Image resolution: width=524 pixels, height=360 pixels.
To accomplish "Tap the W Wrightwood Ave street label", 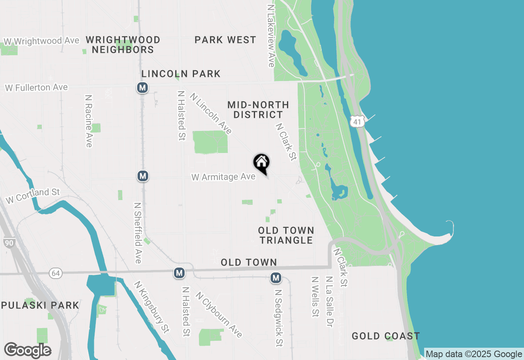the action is pos(41,41).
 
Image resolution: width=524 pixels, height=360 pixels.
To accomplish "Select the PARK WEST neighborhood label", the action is pos(225,40).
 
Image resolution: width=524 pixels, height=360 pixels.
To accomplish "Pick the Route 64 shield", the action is pos(55,273).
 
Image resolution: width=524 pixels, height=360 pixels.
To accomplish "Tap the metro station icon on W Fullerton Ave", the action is pos(142,88).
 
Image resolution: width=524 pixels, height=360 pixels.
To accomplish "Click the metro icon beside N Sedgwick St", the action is pos(276,278).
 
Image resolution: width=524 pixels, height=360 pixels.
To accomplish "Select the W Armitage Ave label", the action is pos(224,177).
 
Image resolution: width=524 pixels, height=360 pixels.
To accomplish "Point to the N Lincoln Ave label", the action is pos(211,114).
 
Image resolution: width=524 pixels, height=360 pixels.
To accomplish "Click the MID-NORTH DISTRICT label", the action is pos(258,110).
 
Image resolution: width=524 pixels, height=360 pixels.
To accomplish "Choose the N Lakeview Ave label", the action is pos(271,36).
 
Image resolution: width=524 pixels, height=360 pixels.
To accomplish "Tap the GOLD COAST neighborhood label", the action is pos(386,336).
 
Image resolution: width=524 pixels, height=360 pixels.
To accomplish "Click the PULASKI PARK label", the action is pos(40,305).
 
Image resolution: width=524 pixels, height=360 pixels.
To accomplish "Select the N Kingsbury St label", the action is pos(151,306).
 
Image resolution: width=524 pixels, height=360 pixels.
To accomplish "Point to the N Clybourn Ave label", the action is pos(219,314).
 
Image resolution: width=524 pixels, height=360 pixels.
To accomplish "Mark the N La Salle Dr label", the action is pos(329,301).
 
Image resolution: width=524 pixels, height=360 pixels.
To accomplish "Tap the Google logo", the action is pos(27,350).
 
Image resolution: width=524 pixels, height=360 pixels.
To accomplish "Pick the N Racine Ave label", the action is pos(88,121).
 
